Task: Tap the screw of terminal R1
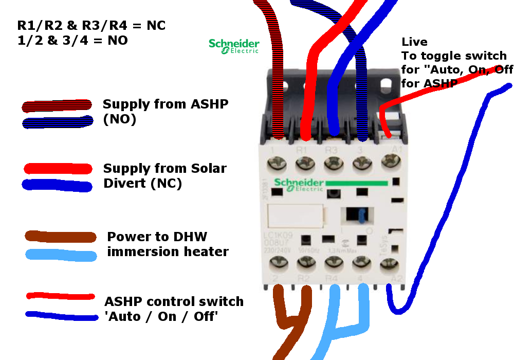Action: (x=305, y=166)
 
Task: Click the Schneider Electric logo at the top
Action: (x=234, y=46)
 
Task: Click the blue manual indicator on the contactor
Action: (x=355, y=216)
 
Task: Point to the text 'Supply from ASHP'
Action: (x=166, y=104)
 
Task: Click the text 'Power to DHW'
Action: (x=157, y=237)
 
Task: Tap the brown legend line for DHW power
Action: (x=61, y=237)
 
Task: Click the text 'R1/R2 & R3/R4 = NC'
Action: (x=91, y=25)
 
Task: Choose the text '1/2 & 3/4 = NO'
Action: (x=72, y=40)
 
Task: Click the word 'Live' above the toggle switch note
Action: (x=414, y=42)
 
